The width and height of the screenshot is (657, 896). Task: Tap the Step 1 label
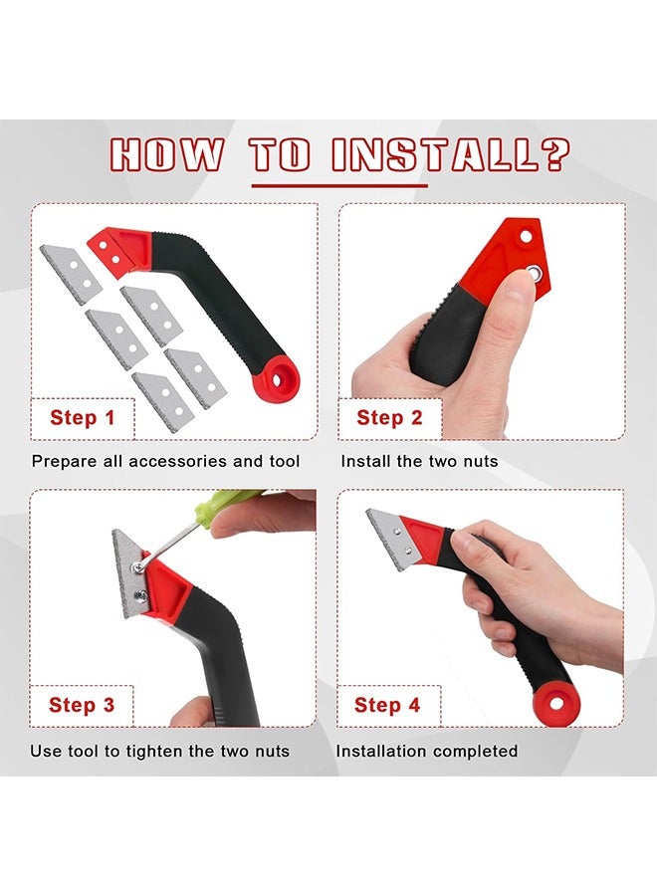82,418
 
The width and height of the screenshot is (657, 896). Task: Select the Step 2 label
389,418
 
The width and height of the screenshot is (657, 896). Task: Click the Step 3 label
82,706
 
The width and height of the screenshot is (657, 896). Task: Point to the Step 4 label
387,706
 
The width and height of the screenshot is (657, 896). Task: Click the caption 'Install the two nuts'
419,461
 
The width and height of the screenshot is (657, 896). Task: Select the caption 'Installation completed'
427,751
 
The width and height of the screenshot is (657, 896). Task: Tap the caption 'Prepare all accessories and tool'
165,461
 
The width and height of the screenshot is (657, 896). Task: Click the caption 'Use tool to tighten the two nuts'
159,751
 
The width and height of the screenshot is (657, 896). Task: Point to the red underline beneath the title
338,185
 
